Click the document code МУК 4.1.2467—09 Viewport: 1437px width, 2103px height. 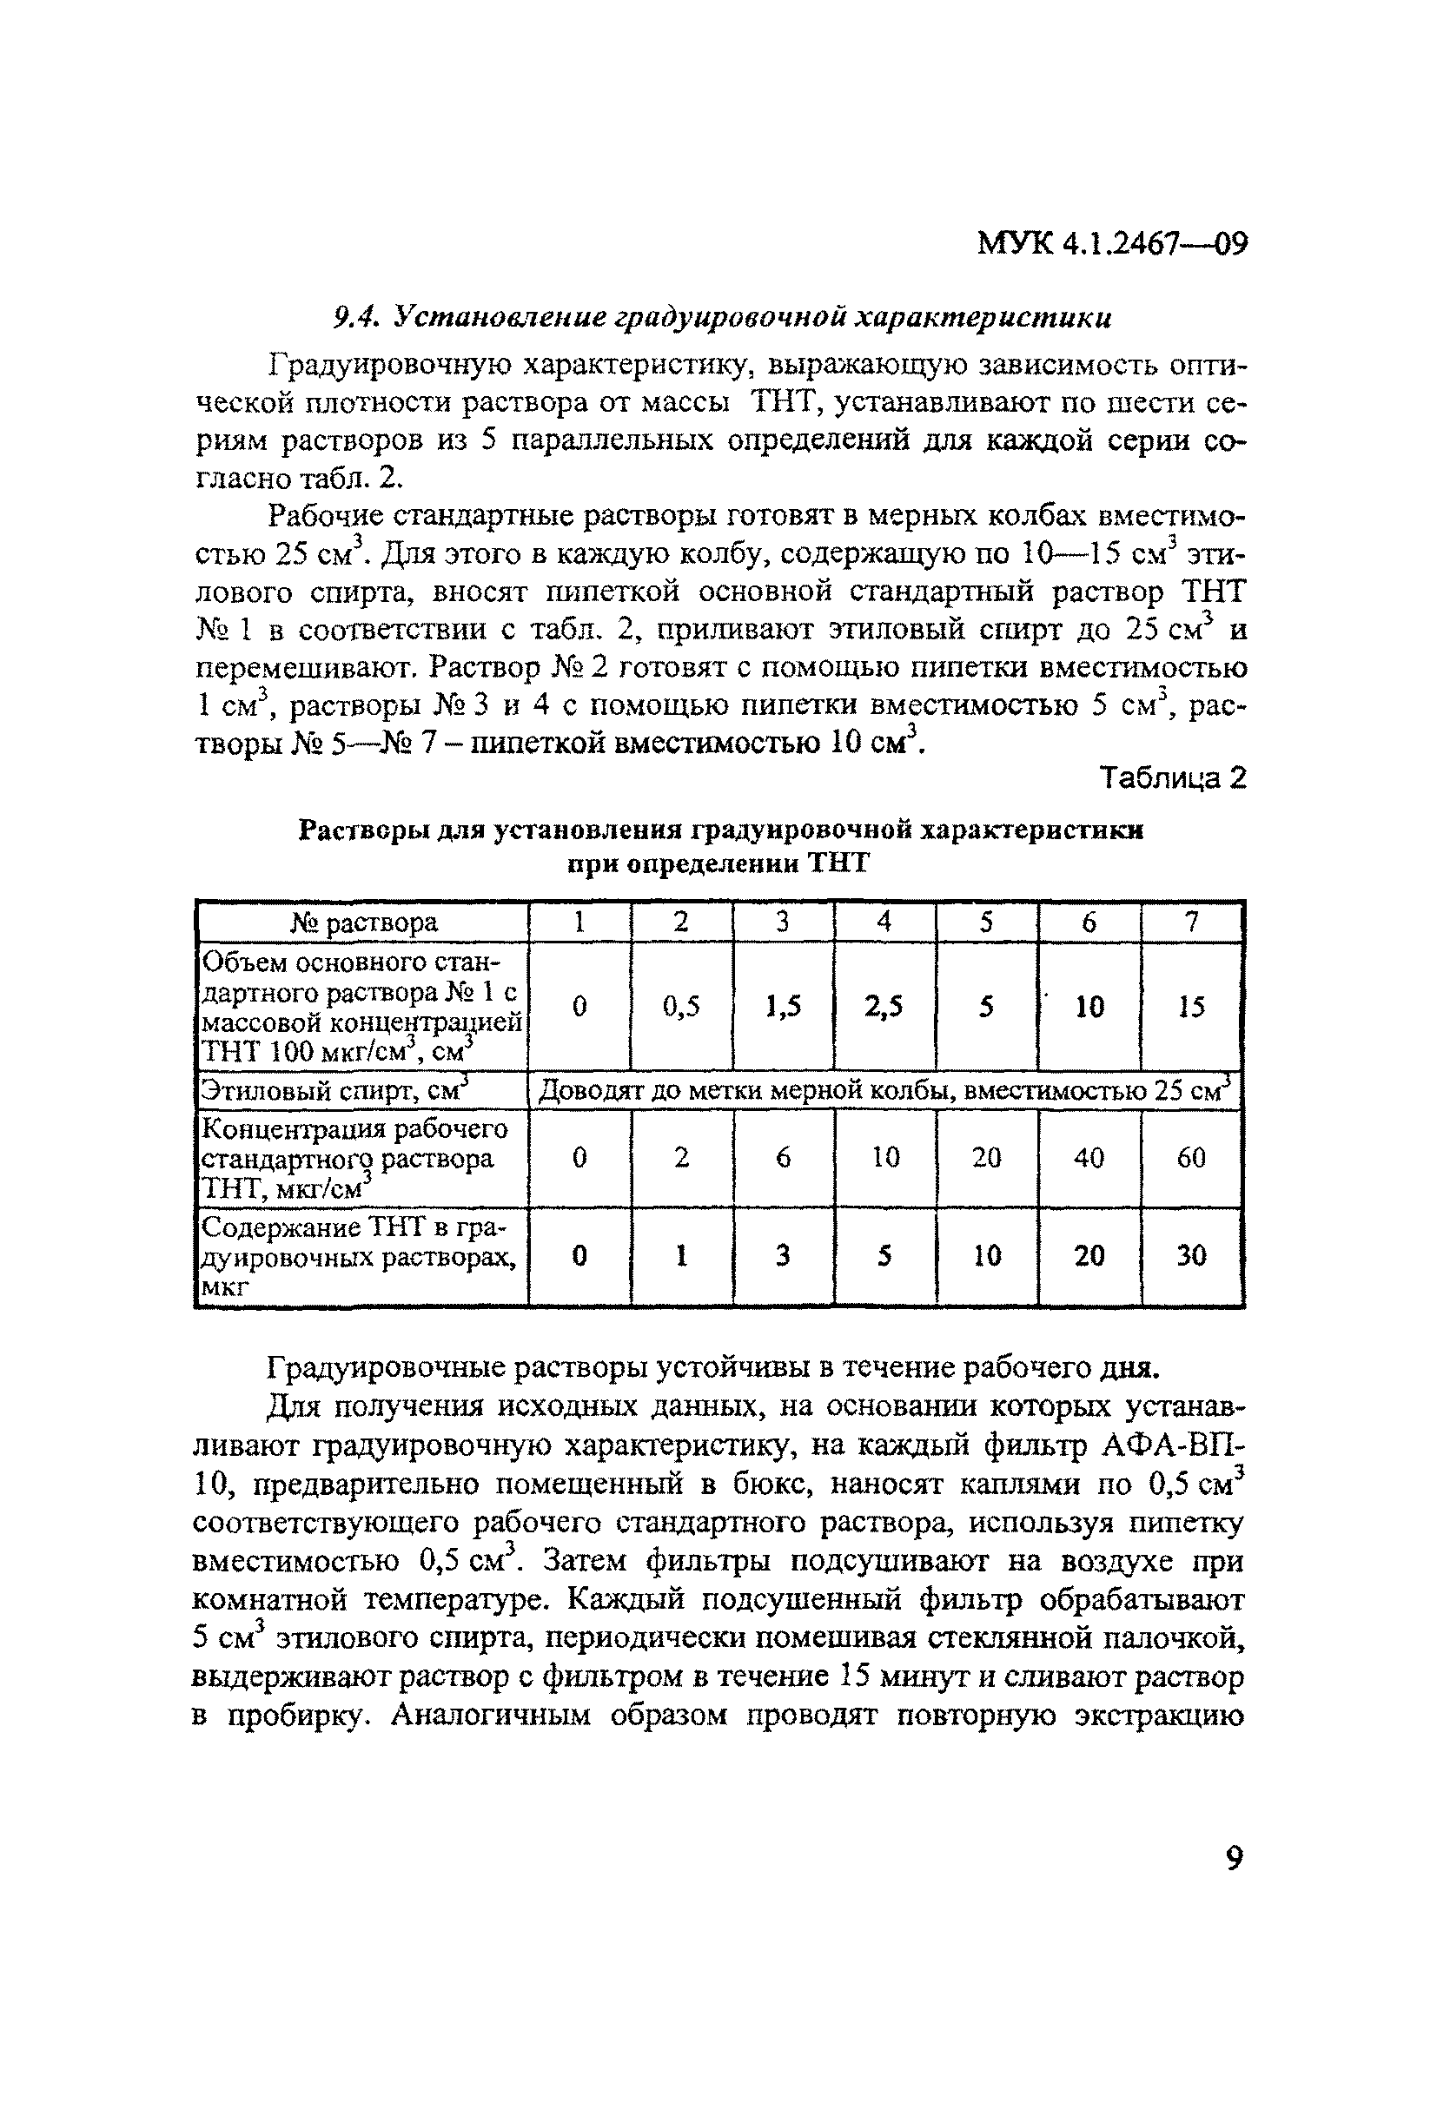point(1112,244)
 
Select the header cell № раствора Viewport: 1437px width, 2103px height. point(363,923)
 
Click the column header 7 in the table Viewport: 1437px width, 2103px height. point(1192,923)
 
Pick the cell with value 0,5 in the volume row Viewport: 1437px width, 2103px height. point(681,1006)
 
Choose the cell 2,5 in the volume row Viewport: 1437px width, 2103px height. point(884,1006)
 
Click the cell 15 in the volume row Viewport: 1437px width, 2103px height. point(1192,1006)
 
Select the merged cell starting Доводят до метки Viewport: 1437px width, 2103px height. point(885,1091)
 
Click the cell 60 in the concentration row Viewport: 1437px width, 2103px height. point(1192,1157)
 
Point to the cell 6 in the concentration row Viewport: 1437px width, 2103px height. point(783,1157)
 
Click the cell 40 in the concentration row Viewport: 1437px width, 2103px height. point(1089,1157)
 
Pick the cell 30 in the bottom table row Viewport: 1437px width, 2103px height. point(1192,1255)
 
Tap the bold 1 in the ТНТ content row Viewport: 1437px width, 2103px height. point(681,1255)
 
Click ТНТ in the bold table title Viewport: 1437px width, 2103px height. point(836,863)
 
